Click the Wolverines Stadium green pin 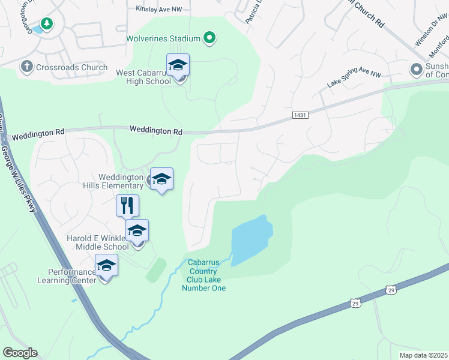coord(209,38)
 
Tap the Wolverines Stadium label coord(163,38)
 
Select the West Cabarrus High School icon coord(178,65)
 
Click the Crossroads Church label coord(71,68)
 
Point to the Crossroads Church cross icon coord(26,67)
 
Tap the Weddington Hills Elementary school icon coord(161,179)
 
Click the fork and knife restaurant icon coord(127,206)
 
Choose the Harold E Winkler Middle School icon coord(137,230)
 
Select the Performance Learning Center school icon coord(106,265)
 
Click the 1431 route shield coord(301,115)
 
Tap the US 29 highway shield coord(356,304)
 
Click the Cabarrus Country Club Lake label coord(204,275)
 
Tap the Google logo coord(20,353)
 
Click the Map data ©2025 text coord(423,355)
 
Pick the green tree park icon coord(47,24)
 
